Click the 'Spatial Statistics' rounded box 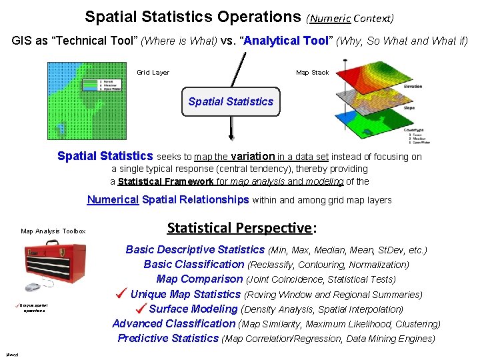(x=231, y=101)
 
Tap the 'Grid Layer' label (x=153, y=73)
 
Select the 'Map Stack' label (x=312, y=73)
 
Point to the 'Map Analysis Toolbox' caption (x=53, y=231)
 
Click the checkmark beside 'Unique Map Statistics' (x=121, y=293)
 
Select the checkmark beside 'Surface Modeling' (x=140, y=308)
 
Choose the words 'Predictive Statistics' (x=168, y=338)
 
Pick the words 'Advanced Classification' (x=174, y=323)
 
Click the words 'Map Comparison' (x=199, y=279)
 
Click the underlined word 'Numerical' (x=113, y=199)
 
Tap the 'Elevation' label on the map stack (x=413, y=87)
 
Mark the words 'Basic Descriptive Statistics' (x=195, y=250)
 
